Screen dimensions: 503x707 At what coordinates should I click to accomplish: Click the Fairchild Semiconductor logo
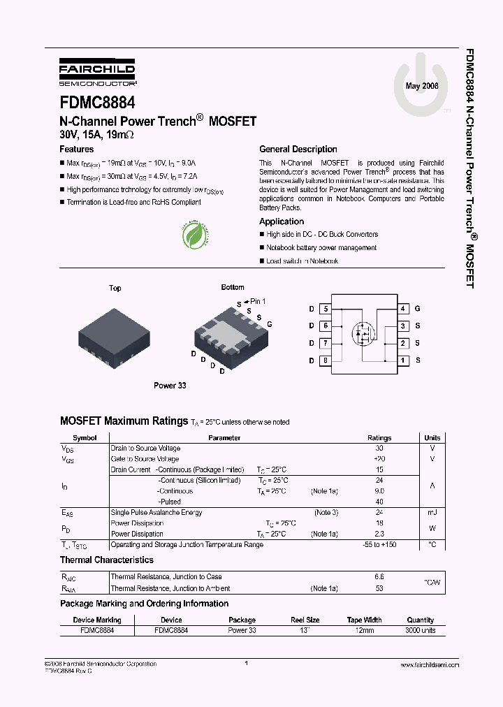(x=96, y=71)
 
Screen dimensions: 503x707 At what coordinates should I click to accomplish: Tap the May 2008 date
(x=422, y=85)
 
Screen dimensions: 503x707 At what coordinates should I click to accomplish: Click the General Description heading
(x=298, y=150)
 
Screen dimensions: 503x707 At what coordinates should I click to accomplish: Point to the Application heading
(x=282, y=221)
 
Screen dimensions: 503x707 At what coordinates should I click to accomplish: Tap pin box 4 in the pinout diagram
(x=403, y=308)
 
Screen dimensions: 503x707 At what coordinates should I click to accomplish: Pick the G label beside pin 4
(x=418, y=308)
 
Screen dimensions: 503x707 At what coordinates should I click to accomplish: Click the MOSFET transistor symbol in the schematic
(x=363, y=333)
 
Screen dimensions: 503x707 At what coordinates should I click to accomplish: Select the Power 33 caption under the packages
(x=170, y=385)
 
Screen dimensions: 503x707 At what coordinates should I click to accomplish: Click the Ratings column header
(x=379, y=438)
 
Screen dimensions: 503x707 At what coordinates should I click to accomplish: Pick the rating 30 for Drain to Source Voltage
(x=379, y=449)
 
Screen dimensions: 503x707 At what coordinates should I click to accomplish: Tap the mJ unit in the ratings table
(x=432, y=513)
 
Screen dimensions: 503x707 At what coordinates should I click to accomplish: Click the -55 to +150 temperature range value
(x=379, y=544)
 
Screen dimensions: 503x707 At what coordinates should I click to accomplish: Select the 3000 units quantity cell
(x=420, y=630)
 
